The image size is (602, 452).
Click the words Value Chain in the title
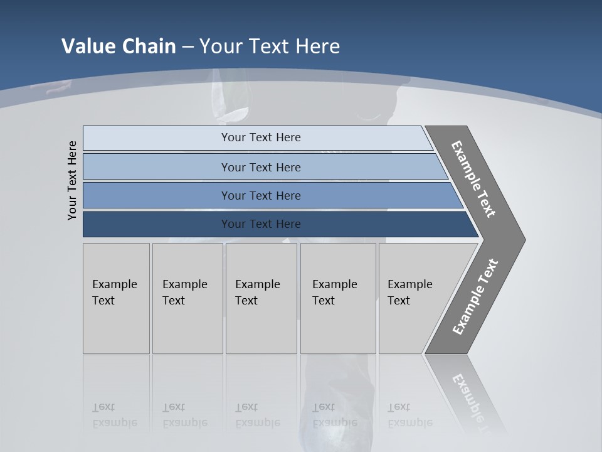pos(119,46)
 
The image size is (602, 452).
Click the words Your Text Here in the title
pos(270,46)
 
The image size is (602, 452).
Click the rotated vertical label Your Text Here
pos(72,180)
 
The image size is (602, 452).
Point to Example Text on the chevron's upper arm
pos(473,179)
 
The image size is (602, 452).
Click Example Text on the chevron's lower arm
pos(475,297)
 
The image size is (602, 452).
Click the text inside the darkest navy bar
pos(261,224)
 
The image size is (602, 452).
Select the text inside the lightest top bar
pos(261,137)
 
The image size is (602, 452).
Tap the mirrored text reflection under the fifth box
pos(409,415)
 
